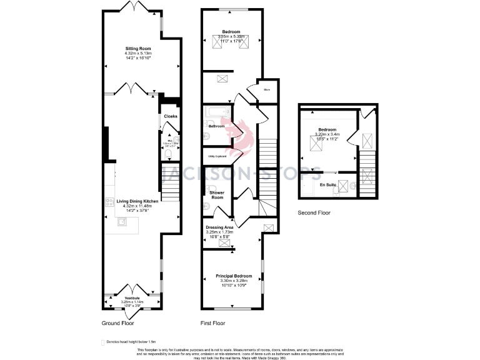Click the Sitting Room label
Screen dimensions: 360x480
(138, 48)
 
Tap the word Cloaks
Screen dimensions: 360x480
(171, 116)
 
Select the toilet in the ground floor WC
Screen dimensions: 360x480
(167, 151)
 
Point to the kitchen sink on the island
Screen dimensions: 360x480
(121, 221)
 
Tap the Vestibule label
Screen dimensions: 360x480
(132, 298)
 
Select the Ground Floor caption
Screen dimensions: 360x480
(118, 324)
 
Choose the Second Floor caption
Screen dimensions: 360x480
(314, 212)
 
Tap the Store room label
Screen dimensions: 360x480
(267, 90)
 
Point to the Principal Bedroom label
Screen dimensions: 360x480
(234, 276)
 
